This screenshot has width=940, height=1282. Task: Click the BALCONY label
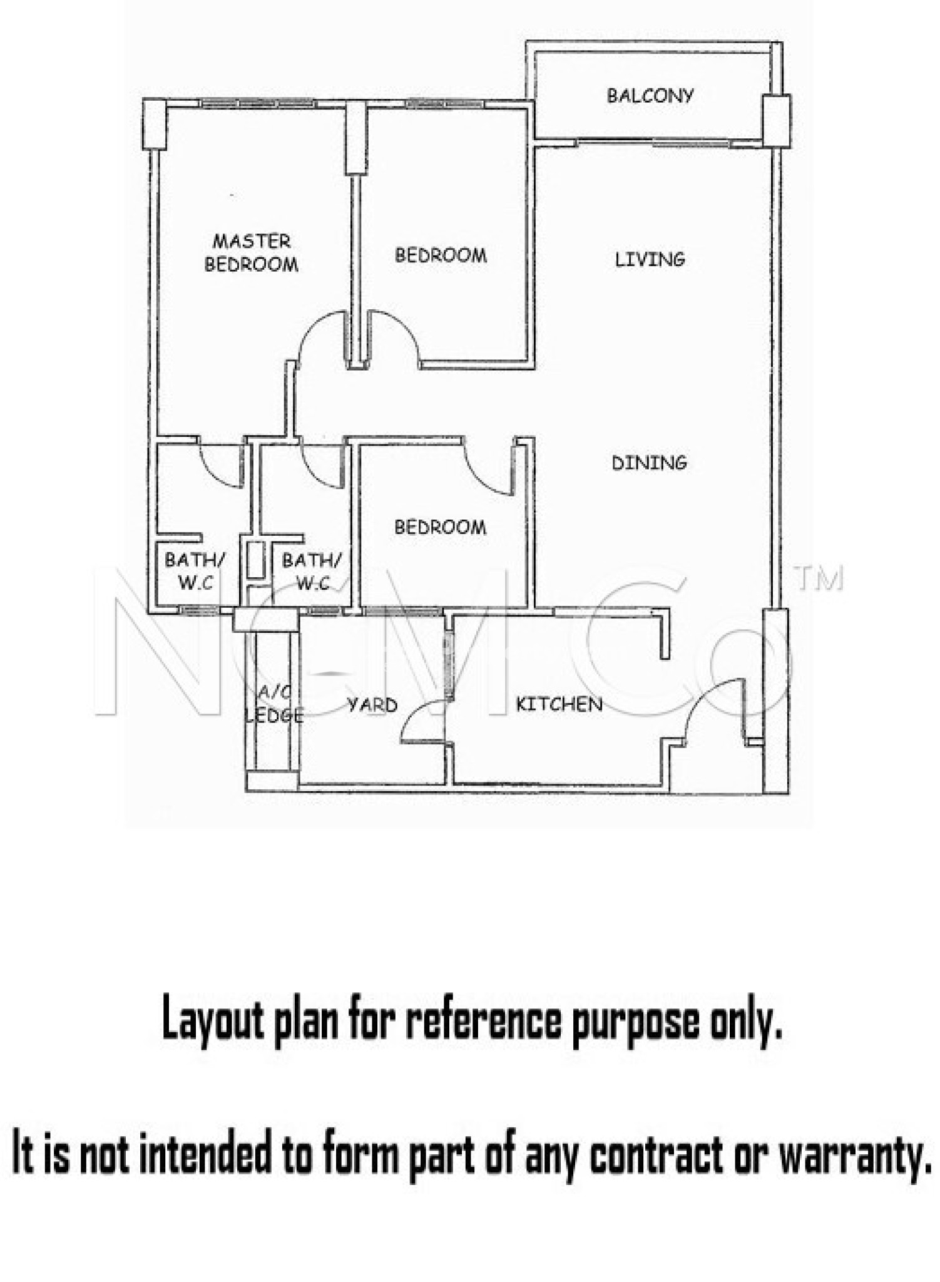point(650,96)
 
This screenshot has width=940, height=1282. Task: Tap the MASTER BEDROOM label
point(252,253)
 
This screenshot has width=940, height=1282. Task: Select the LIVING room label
point(650,259)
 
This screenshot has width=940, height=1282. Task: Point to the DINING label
point(649,463)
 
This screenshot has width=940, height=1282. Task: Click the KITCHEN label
point(559,704)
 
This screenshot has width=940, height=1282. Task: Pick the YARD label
point(372,705)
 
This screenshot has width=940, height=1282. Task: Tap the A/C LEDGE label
point(274,704)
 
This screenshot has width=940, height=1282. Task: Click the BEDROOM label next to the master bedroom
point(441,255)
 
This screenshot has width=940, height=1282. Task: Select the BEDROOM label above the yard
point(440,527)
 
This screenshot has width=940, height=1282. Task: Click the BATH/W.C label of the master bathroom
point(195,571)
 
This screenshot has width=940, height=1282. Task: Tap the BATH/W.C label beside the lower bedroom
point(312,571)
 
